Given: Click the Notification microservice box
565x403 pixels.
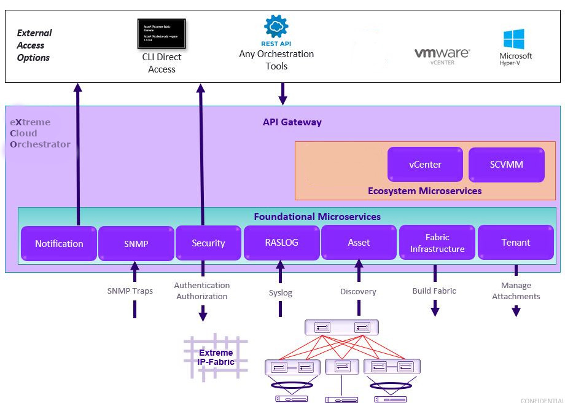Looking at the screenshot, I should click(59, 244).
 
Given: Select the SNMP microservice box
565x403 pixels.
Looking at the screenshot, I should click(136, 244).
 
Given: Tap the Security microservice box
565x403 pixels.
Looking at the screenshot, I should click(208, 243).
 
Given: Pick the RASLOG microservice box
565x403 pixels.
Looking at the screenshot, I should click(281, 243).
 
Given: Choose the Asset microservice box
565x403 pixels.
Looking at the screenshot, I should click(359, 243).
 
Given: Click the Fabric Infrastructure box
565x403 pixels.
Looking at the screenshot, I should click(437, 243).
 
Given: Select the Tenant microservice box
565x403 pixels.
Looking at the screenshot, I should click(516, 243).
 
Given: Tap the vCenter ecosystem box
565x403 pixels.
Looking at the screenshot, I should click(425, 165).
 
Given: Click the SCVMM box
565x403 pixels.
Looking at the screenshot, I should click(506, 165).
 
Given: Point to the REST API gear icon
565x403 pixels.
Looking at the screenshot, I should click(276, 26).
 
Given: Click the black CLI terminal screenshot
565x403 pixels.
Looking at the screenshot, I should click(162, 34).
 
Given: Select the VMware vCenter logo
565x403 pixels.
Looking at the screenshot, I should click(442, 55).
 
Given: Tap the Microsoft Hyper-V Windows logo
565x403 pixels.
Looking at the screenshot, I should click(514, 39).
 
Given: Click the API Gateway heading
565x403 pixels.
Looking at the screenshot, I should click(292, 122).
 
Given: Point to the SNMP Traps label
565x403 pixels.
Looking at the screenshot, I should click(130, 291).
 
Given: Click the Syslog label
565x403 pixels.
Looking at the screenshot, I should click(281, 293).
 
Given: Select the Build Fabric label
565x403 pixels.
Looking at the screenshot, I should click(434, 291).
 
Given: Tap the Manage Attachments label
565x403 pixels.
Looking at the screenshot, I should click(516, 291).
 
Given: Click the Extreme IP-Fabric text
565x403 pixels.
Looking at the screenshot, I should click(216, 357).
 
